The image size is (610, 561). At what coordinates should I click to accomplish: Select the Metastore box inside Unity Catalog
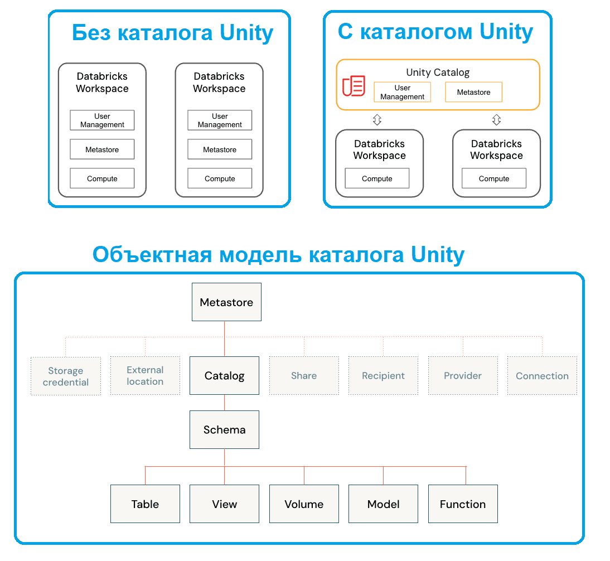point(473,92)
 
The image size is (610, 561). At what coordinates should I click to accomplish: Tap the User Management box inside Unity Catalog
point(402,92)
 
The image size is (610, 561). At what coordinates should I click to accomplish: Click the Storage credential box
point(66,376)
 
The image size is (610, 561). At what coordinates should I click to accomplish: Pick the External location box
point(145,376)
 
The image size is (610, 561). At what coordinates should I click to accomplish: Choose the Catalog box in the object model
point(224,376)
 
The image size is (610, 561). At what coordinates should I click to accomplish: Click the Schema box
point(224,430)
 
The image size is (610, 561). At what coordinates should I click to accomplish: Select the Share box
point(304,376)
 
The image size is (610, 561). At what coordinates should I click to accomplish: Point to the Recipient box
point(383,376)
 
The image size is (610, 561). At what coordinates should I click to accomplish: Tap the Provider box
point(463,376)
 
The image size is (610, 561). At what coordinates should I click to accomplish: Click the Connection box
point(542,376)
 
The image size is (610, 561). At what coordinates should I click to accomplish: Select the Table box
point(145,504)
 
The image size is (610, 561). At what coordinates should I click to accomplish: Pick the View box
point(224,504)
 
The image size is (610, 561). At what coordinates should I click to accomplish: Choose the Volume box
point(304,504)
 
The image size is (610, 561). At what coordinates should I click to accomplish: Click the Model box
point(383,504)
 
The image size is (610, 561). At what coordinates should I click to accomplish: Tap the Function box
point(463,504)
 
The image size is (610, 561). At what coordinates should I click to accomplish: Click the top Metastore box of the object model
point(226,302)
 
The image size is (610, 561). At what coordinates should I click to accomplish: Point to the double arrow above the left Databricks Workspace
point(377,119)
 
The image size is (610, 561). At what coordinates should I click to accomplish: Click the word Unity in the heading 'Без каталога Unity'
point(246,33)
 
